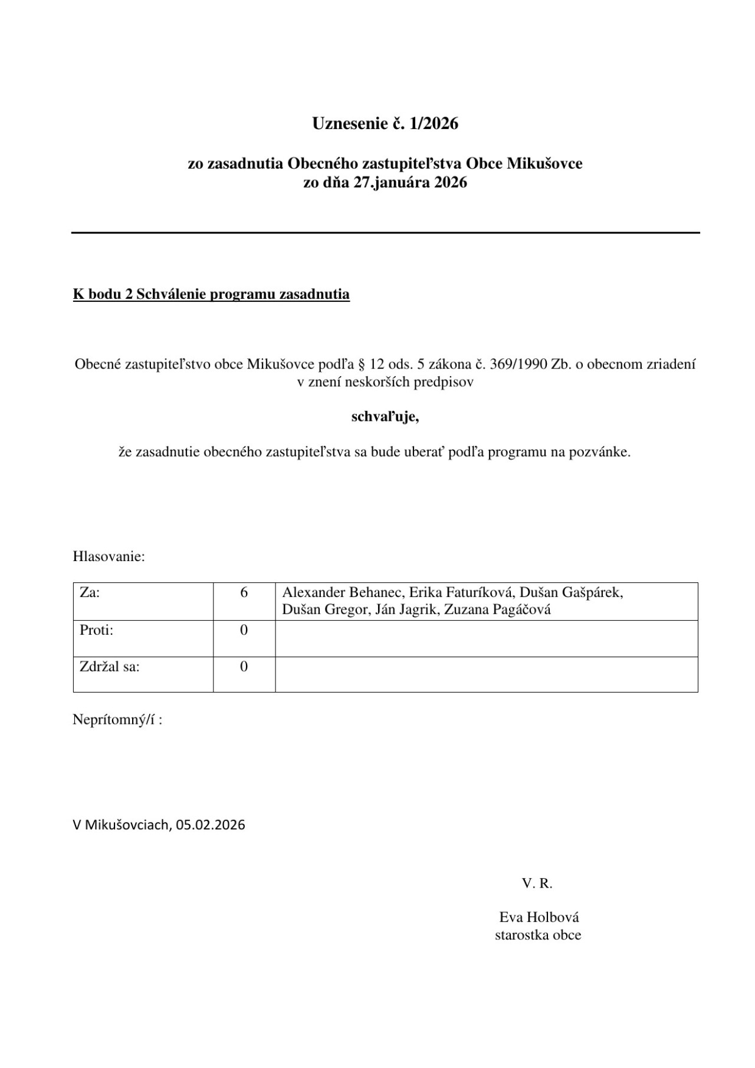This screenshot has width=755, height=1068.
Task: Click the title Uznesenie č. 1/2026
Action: point(385,124)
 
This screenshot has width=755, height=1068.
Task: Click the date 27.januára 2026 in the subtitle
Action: point(411,183)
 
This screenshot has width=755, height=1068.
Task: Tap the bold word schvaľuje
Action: point(385,417)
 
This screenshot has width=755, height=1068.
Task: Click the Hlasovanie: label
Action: point(109,556)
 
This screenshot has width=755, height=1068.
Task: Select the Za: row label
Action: point(90,592)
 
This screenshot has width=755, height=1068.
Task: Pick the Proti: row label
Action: point(96,630)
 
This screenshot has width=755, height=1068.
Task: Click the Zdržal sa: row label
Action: point(110,667)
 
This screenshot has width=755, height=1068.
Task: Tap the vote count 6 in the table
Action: point(244,592)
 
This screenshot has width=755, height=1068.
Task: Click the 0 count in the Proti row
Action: point(244,630)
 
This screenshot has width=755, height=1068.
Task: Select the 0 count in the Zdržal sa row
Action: point(244,667)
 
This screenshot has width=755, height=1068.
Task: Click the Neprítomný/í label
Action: point(117,720)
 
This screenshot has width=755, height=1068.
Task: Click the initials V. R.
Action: point(537,883)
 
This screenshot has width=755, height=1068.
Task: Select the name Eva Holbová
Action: point(539,917)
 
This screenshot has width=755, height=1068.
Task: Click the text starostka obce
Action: point(538,935)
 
